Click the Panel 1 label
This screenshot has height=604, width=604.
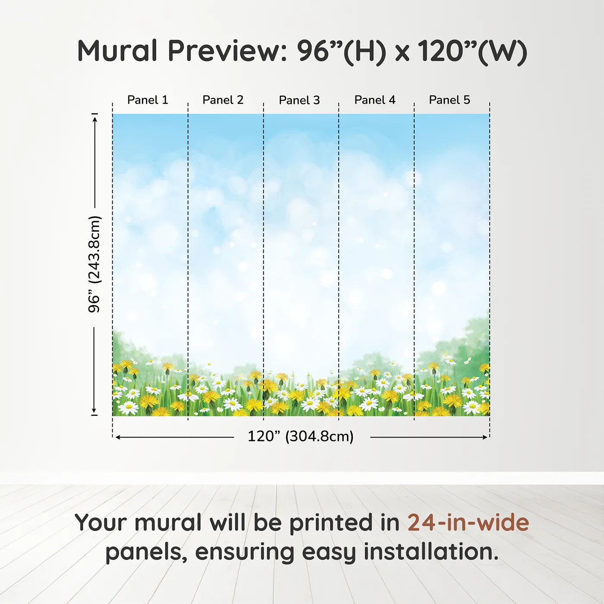coord(148,100)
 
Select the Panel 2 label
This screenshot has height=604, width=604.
coord(223,100)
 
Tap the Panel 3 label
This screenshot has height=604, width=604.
coord(299,100)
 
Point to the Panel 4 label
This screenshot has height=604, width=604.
coord(375,100)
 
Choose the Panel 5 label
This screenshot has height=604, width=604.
coord(450,100)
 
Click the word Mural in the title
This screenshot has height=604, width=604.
coord(117,51)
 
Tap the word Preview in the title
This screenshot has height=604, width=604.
coord(227,51)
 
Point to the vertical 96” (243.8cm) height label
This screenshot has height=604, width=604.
coord(94,264)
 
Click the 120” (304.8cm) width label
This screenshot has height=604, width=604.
coord(301,437)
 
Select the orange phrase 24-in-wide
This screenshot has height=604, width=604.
coord(468,523)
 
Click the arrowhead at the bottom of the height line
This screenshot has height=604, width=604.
coord(94,410)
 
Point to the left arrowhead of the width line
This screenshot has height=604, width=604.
coord(118,437)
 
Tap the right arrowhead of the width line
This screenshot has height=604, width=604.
coord(484,437)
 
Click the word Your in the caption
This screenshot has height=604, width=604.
coord(101,523)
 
